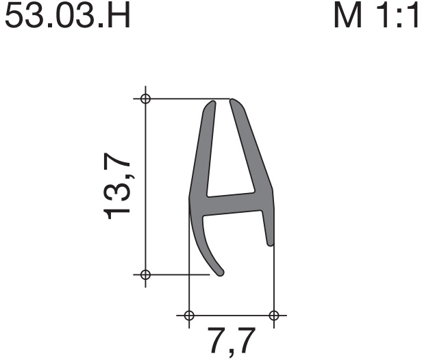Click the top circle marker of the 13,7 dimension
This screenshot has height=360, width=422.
146,99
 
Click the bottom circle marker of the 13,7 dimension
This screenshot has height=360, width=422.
146,274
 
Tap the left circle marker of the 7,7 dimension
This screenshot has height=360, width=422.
189,315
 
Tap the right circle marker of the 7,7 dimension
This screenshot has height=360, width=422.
274,315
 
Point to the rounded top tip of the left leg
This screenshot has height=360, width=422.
212,102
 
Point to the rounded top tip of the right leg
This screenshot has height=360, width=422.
233,101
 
